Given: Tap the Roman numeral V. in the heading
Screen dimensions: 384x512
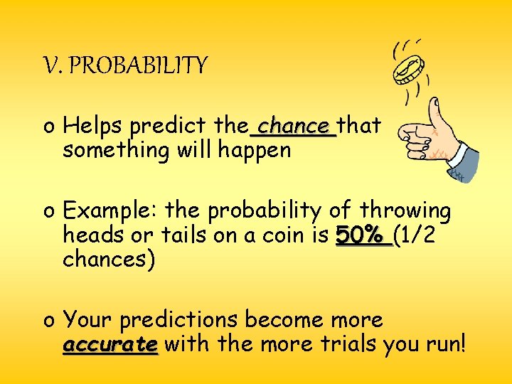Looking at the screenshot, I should [x=53, y=66].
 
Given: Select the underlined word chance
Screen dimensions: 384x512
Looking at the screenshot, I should [x=293, y=126].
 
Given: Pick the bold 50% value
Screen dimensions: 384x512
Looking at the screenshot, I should [x=363, y=235].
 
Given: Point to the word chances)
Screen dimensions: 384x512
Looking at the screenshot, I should [x=109, y=260].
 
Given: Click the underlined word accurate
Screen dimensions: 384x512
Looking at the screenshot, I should [x=110, y=345].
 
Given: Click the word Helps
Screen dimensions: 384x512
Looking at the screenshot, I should [x=90, y=127].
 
